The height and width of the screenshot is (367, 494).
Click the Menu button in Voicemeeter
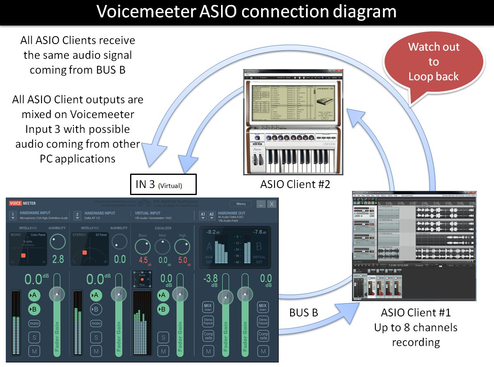tap(241, 204)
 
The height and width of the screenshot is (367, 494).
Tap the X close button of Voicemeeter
tap(272, 204)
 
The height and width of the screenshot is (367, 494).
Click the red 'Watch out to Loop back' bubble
tap(433, 62)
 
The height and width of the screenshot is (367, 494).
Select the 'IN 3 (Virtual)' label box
tap(163, 185)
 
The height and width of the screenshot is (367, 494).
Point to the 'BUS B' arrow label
tap(303, 313)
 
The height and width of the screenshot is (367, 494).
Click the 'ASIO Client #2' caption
tap(295, 184)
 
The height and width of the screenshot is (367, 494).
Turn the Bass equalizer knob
tap(142, 247)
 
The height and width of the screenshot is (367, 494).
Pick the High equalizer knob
tap(182, 247)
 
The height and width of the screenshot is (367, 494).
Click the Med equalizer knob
tap(163, 247)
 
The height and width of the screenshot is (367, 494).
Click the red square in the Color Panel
tap(23, 256)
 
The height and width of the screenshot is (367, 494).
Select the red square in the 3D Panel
tap(84, 253)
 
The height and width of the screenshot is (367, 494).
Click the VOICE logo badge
tap(15, 203)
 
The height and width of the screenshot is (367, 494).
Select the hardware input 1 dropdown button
tap(13, 216)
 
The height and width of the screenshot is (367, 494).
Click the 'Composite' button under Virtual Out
tap(262, 336)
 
